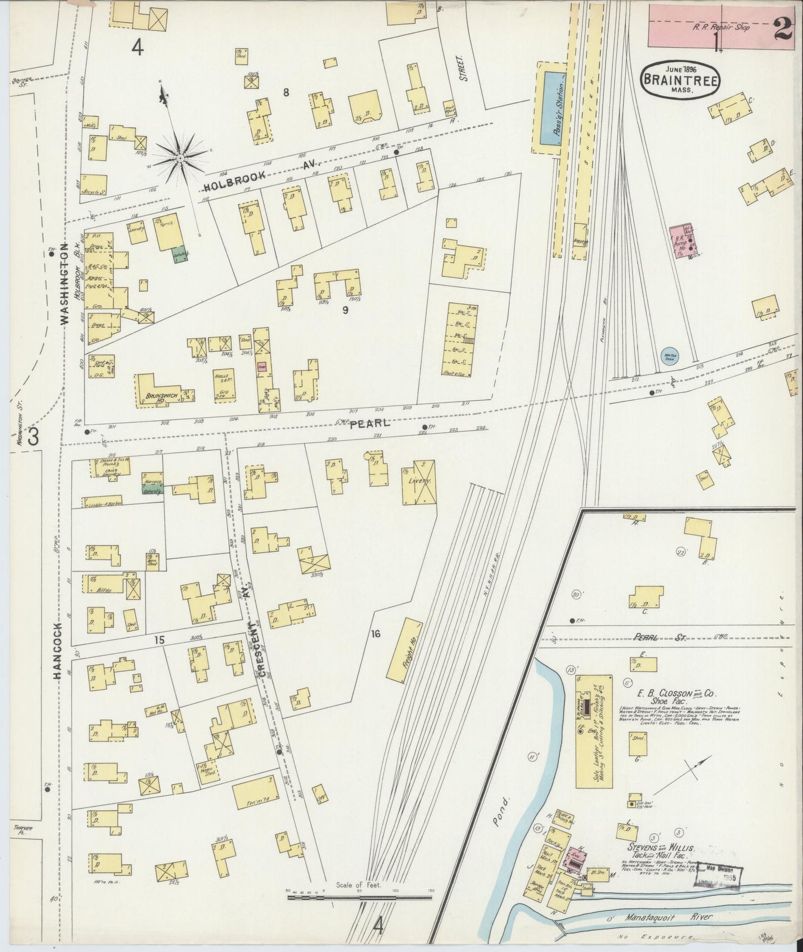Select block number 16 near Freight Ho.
[376, 633]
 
